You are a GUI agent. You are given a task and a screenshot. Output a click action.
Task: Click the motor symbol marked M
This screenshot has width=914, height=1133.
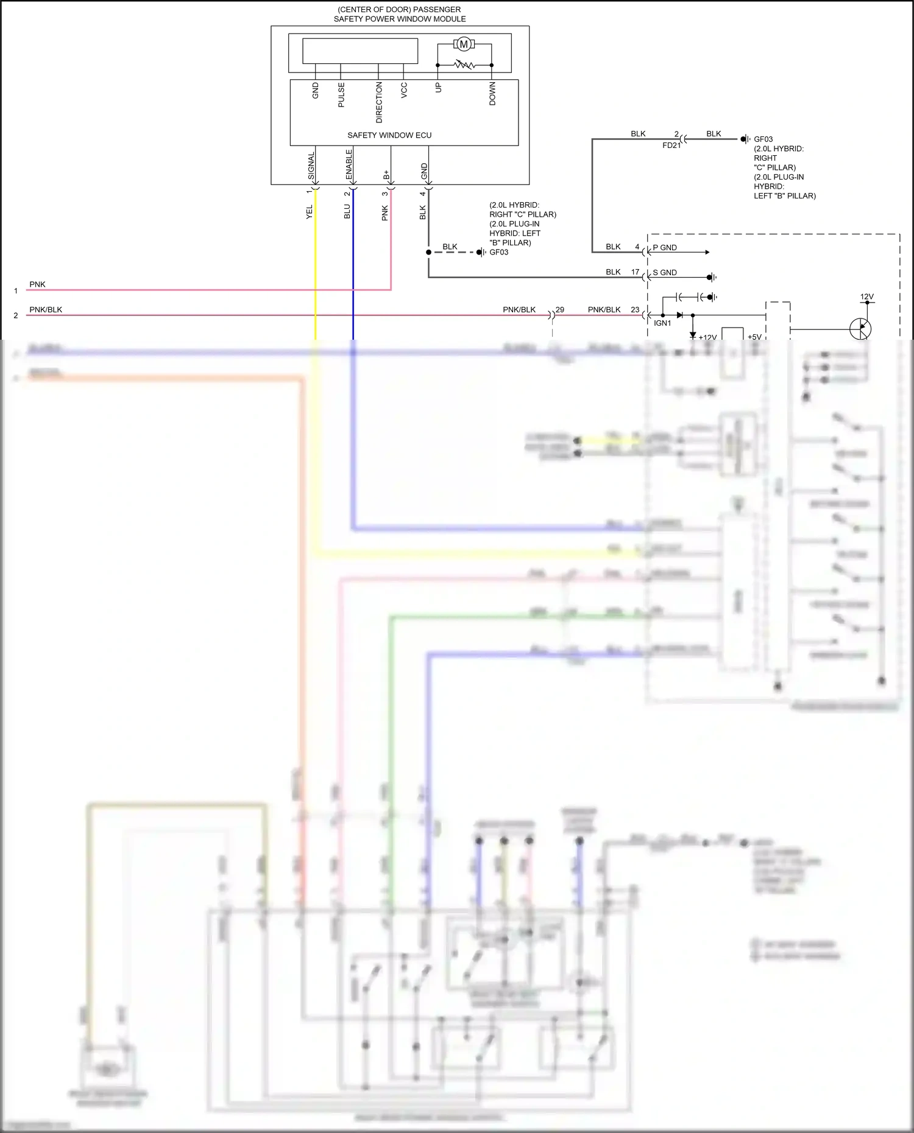coord(464,44)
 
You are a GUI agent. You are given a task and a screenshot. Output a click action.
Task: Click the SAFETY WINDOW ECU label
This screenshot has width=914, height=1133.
coord(389,135)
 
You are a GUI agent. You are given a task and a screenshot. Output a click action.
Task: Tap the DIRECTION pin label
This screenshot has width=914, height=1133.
coord(379,102)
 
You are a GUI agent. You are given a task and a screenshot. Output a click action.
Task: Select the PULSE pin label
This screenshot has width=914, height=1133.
coord(341,95)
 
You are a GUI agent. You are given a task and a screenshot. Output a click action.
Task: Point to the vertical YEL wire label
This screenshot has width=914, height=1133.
coord(310,212)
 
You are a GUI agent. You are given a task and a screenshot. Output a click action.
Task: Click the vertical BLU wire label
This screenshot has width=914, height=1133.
coord(347,211)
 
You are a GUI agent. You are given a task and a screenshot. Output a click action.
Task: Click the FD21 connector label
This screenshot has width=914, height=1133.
coord(671,146)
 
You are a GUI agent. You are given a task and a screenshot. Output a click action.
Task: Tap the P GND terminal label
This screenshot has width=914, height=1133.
coord(665,248)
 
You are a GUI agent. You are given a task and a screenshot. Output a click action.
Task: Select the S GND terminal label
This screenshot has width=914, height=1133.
coord(665,273)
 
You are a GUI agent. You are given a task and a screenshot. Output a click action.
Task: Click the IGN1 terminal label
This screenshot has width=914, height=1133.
coord(662,323)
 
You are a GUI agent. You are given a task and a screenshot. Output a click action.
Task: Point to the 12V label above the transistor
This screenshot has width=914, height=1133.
coord(867,297)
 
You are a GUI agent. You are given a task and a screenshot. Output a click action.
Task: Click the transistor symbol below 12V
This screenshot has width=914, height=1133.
coord(860,329)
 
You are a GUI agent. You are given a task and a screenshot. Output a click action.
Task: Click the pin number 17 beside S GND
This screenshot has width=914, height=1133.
coord(635,272)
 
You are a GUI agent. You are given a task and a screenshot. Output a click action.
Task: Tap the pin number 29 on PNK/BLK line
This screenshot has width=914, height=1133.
coord(560,310)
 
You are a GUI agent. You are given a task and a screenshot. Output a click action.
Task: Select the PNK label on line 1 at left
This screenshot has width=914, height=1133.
coord(37,284)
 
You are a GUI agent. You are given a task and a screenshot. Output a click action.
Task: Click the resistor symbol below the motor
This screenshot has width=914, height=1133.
coord(464,65)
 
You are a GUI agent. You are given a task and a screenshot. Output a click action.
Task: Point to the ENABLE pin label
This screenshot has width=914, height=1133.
coord(349,164)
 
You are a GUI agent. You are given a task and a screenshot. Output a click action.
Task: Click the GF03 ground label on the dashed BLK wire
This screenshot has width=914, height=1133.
coord(499,253)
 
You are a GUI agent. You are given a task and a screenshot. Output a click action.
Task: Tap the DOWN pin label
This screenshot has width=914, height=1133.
coord(492,94)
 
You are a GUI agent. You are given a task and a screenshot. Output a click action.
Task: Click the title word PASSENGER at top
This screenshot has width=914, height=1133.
coord(437,10)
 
